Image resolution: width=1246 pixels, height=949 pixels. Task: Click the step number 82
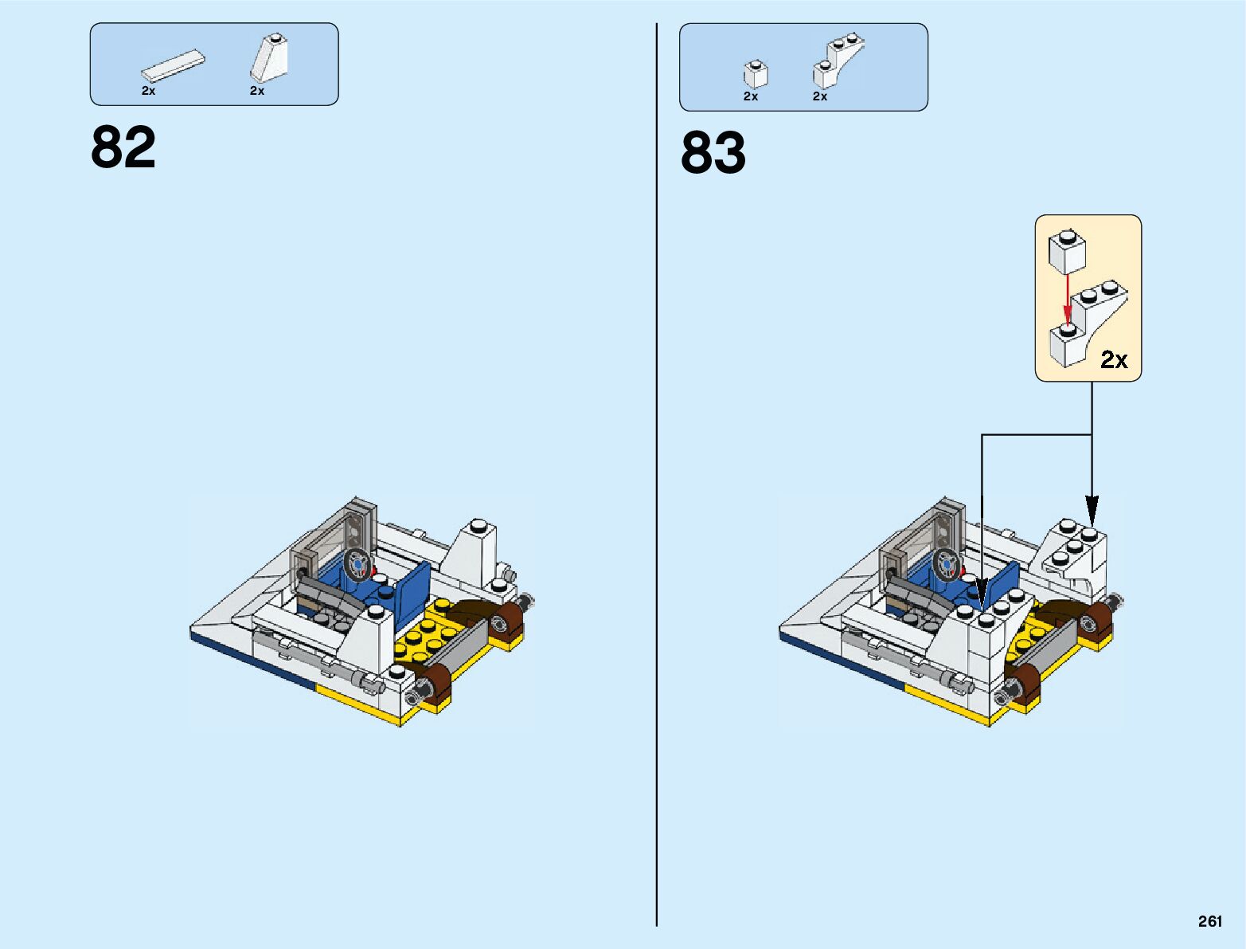coord(123,147)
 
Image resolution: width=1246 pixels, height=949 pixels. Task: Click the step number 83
coord(713,153)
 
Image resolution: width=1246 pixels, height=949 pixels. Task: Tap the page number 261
coord(1209,921)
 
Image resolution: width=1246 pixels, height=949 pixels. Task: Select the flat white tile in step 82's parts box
coord(173,66)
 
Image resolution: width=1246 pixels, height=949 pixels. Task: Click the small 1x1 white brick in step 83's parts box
coord(756,73)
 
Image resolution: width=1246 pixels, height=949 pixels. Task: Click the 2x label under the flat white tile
coord(149,91)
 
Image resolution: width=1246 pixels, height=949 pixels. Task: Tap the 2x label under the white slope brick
coord(257,91)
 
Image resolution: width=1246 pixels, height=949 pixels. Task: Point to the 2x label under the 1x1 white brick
coord(751,96)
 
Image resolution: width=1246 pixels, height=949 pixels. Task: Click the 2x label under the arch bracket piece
coord(820,96)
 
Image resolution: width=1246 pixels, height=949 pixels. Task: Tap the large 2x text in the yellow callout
coord(1114,360)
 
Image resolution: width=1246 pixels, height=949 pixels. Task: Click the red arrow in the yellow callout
coord(1068,299)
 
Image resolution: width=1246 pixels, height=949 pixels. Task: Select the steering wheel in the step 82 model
coord(358,563)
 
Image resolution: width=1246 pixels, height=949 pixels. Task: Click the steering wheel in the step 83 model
coord(947,563)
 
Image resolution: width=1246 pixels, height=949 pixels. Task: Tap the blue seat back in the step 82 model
coord(413,589)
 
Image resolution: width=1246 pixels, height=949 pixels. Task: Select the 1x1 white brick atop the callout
coord(1068,251)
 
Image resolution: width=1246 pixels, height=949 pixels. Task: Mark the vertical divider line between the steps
coord(657,478)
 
